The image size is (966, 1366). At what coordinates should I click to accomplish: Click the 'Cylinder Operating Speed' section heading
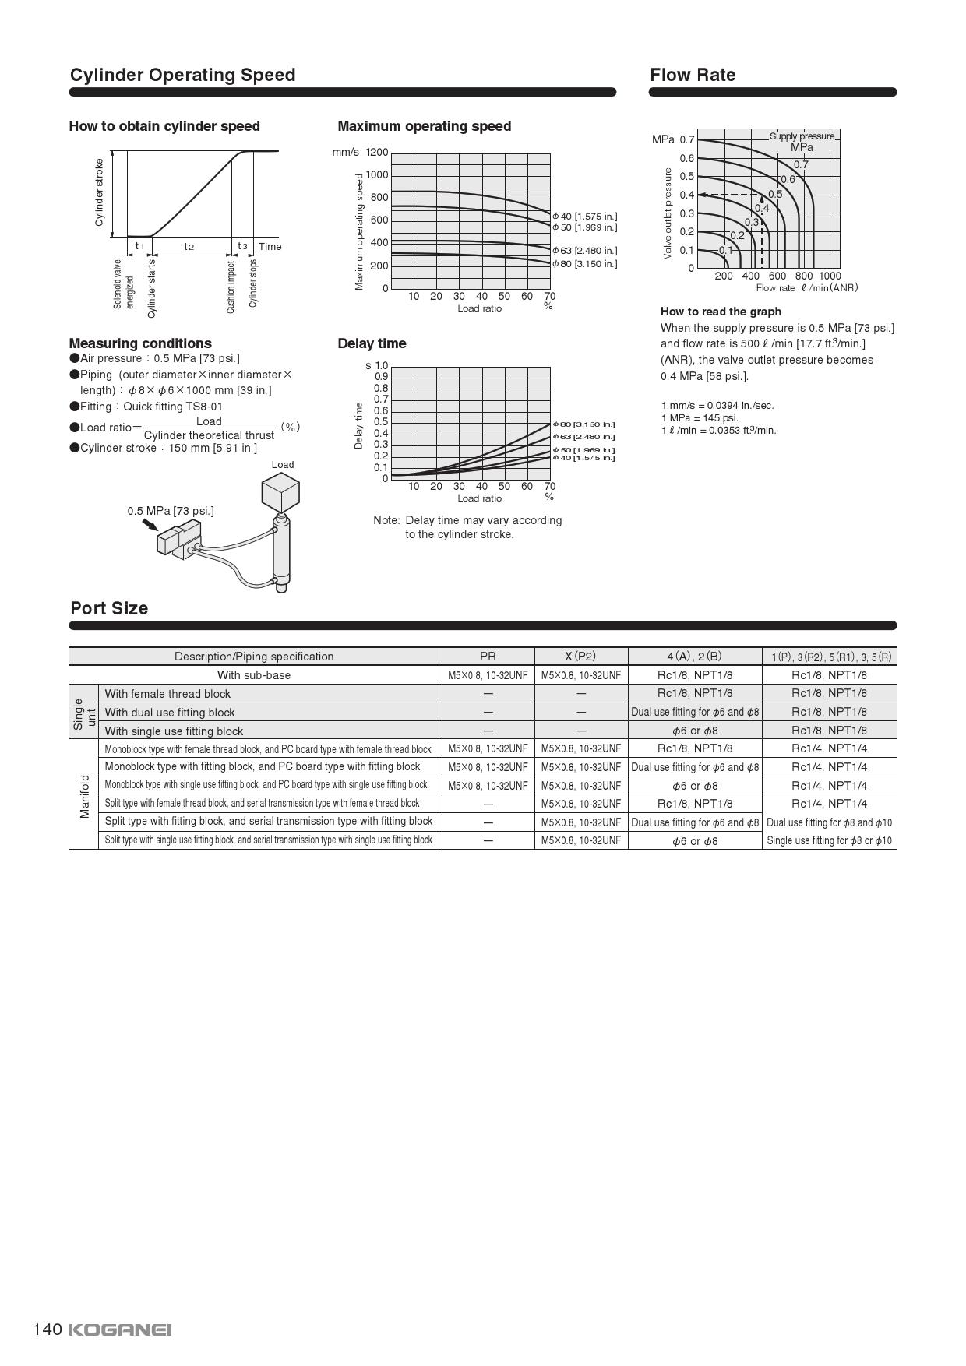click(182, 75)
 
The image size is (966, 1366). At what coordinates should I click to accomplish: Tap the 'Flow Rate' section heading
click(693, 75)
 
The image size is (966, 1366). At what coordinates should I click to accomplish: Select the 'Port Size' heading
click(109, 608)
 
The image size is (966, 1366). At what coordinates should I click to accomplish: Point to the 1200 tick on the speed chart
click(377, 152)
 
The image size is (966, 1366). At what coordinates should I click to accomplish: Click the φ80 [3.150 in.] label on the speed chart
click(585, 264)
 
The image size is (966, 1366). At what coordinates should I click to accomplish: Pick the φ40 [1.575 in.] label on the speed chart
click(585, 216)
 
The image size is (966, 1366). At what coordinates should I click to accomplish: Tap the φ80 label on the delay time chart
click(584, 424)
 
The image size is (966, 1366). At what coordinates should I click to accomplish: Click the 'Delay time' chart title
click(372, 343)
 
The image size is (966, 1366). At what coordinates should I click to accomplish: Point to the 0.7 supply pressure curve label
click(801, 164)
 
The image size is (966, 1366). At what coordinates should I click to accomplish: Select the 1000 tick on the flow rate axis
click(830, 276)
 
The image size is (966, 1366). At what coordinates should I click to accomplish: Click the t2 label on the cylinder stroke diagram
click(189, 247)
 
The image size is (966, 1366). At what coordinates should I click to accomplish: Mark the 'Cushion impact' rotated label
click(231, 287)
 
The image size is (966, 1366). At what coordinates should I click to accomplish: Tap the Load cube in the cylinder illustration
click(280, 492)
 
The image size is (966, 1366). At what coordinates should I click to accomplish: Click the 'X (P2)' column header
click(580, 657)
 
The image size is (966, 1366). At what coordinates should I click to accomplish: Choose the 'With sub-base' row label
click(254, 675)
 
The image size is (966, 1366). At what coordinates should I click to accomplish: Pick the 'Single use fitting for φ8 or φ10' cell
click(829, 840)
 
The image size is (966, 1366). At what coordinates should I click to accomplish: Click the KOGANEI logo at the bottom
click(120, 1329)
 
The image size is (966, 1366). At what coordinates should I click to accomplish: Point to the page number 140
click(47, 1329)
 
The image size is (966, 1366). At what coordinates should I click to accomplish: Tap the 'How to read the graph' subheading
click(721, 312)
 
